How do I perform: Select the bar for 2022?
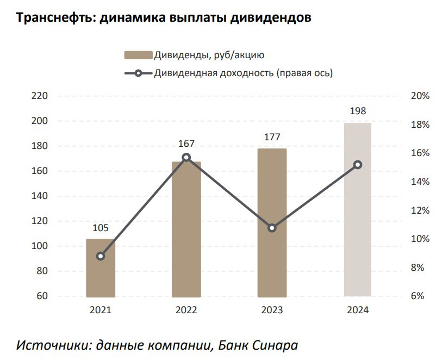[186, 229]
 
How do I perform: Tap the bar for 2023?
[272, 222]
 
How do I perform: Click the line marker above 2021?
[101, 256]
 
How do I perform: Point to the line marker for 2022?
[186, 157]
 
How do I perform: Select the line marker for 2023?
[272, 228]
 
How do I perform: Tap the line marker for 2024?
[358, 165]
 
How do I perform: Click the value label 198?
[358, 111]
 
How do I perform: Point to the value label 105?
[101, 227]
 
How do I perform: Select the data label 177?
[272, 137]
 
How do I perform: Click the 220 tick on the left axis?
[41, 96]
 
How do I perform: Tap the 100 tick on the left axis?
[41, 246]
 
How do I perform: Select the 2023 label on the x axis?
[272, 310]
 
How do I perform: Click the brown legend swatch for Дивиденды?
[138, 55]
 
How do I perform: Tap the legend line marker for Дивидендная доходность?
[138, 73]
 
